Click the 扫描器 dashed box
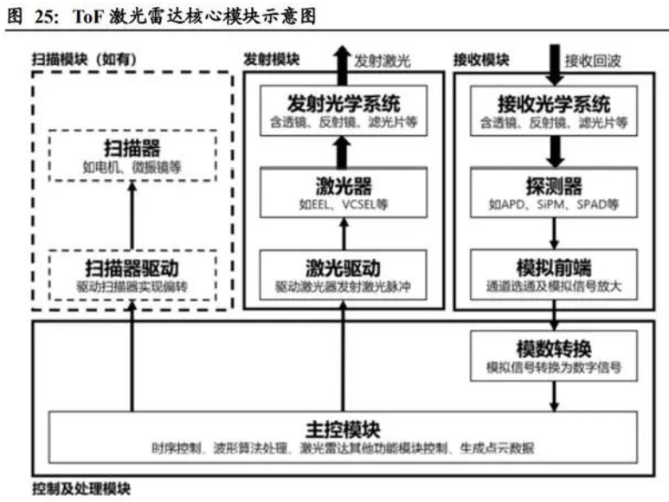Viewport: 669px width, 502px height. click(132, 155)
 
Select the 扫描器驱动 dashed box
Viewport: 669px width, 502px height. click(132, 274)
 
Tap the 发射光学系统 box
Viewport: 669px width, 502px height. click(343, 112)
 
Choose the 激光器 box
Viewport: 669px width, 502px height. click(343, 191)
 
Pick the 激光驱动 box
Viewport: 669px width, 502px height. click(343, 274)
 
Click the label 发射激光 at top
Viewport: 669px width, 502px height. click(383, 61)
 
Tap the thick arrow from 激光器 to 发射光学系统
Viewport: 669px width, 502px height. click(343, 154)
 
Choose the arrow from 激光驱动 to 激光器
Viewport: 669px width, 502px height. click(343, 233)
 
